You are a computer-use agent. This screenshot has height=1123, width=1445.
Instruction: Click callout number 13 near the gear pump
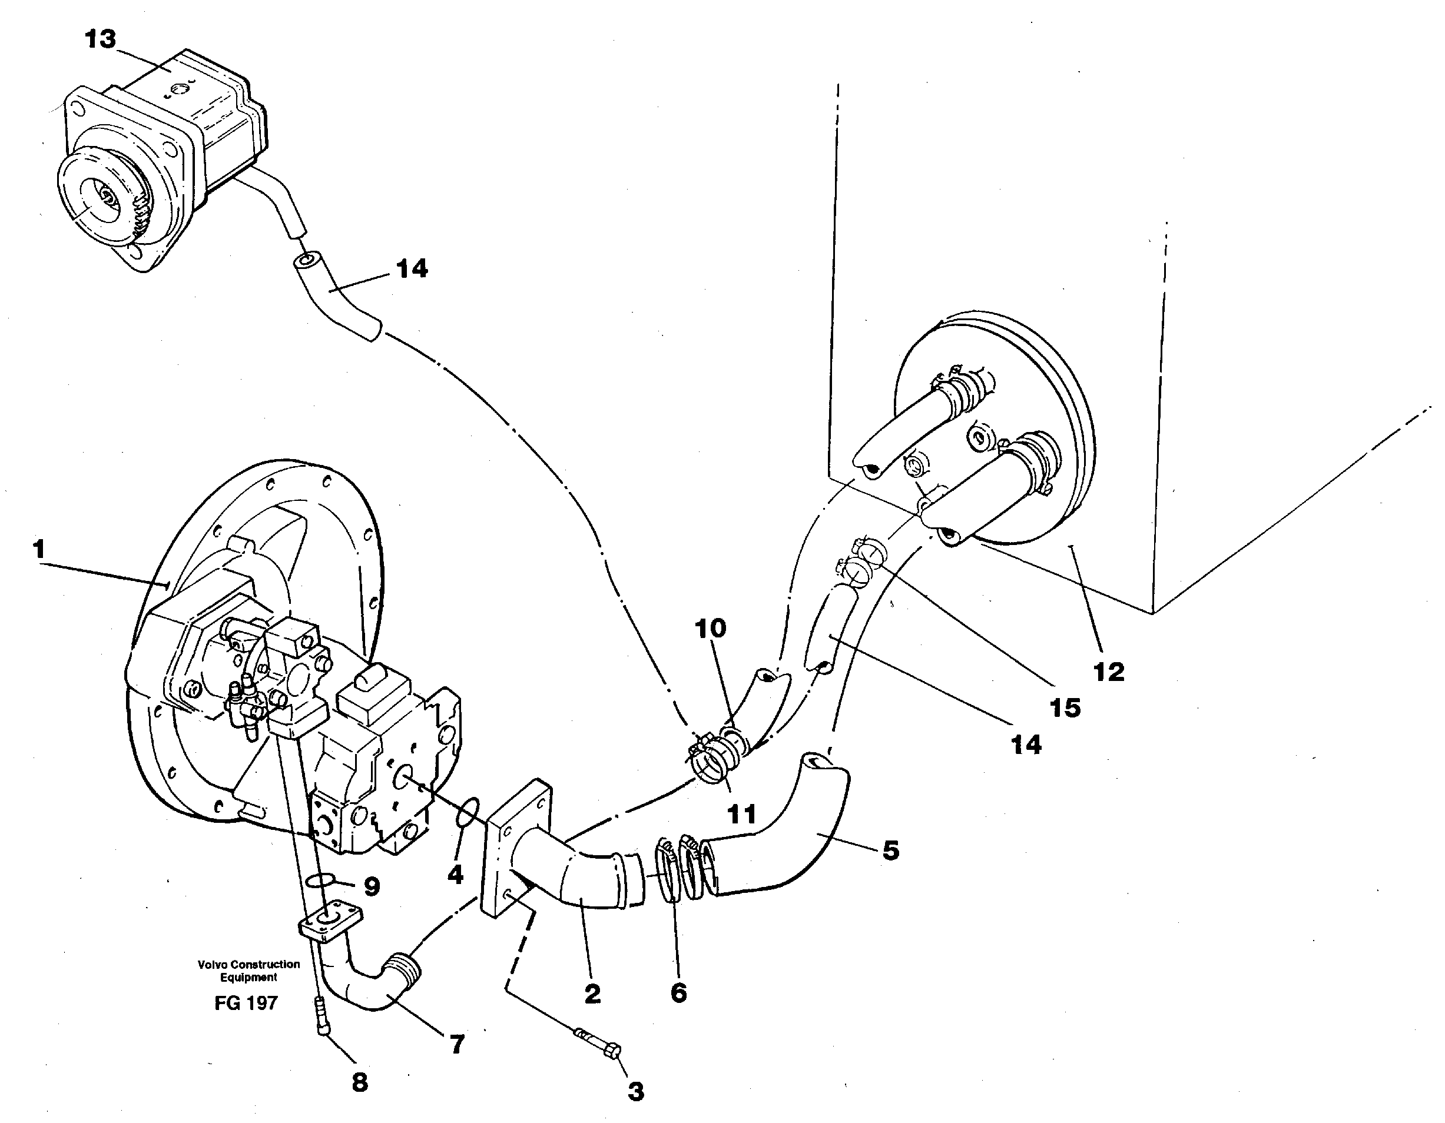[101, 39]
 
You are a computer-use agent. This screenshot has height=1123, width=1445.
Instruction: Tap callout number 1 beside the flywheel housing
[38, 549]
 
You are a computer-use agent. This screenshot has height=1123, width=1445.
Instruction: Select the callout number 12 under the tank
[1109, 672]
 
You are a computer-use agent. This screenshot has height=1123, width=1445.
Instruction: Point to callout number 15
[1065, 707]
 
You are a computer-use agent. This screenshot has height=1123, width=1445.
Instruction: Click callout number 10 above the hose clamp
[710, 628]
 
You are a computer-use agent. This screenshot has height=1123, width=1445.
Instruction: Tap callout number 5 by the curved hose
[890, 850]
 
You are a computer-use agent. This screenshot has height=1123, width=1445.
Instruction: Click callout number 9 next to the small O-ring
[372, 887]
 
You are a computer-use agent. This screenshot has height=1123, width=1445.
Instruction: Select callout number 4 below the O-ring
[455, 875]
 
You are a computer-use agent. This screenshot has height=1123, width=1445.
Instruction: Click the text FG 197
[246, 1004]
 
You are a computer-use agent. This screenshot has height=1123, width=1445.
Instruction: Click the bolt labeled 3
[599, 1044]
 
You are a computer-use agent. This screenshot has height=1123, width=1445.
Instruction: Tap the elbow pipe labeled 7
[370, 985]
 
